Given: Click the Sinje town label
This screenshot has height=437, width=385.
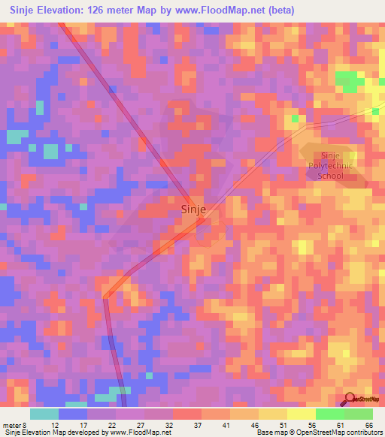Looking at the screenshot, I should pos(194,211).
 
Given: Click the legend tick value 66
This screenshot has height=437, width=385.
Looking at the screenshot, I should pos(368,425).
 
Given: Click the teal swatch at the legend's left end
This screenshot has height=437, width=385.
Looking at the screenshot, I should pos(44,414).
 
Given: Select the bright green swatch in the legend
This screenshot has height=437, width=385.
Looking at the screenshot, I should pos(329,414).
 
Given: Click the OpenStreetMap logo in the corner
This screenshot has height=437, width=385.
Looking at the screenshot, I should pos(359,399).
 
